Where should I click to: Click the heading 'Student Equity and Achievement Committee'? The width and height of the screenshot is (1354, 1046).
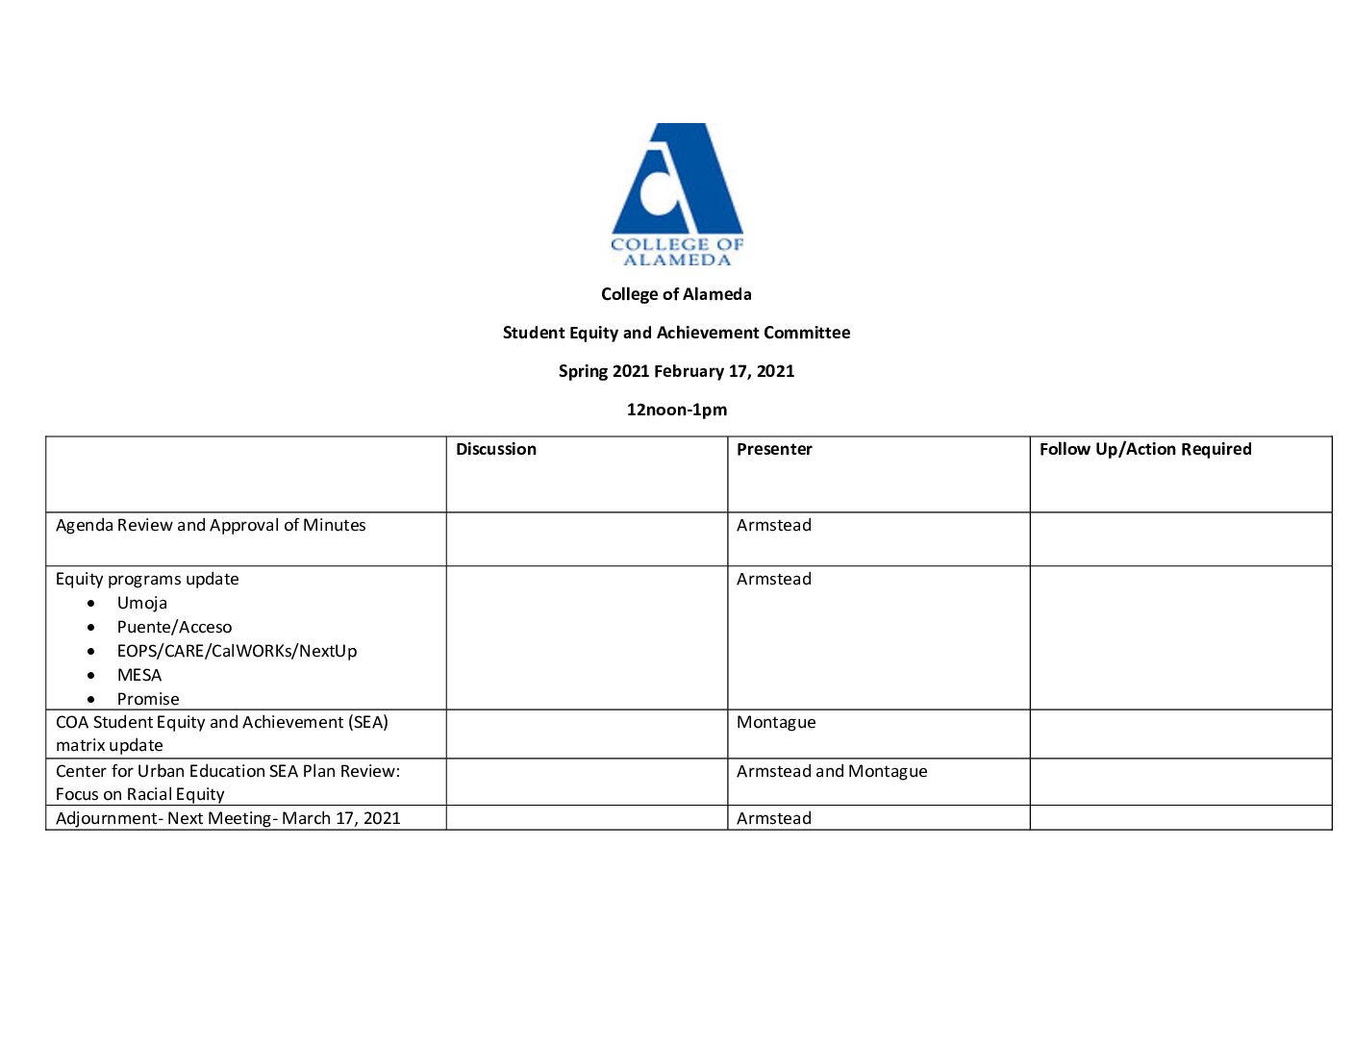coord(676,333)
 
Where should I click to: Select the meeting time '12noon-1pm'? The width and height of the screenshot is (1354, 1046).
coord(676,410)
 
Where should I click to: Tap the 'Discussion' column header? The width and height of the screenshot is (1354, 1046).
coord(496,449)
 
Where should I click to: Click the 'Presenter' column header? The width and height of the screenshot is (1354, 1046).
coord(774,449)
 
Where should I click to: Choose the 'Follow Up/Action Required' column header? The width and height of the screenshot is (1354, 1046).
coord(1145,449)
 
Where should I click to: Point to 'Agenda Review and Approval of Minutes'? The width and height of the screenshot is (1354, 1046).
coord(211,525)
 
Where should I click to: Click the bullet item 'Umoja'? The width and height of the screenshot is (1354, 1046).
coord(142,603)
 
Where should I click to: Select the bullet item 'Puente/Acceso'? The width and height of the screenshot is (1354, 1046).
coord(174,627)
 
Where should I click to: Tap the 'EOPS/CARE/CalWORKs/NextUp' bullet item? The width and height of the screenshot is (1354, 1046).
coord(237,651)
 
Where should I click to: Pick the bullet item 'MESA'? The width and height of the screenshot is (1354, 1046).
coord(139,675)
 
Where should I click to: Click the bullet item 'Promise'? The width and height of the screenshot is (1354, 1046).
coord(148,699)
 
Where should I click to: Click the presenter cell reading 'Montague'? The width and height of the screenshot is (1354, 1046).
coord(776,722)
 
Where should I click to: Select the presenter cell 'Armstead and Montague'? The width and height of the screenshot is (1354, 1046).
coord(832,771)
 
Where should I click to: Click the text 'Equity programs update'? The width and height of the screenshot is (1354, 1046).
coord(147,579)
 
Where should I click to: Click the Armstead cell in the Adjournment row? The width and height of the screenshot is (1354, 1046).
coord(774,818)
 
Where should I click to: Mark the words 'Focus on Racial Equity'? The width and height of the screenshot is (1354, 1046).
coord(139,794)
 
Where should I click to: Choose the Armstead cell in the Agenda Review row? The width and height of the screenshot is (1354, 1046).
coord(774,525)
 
